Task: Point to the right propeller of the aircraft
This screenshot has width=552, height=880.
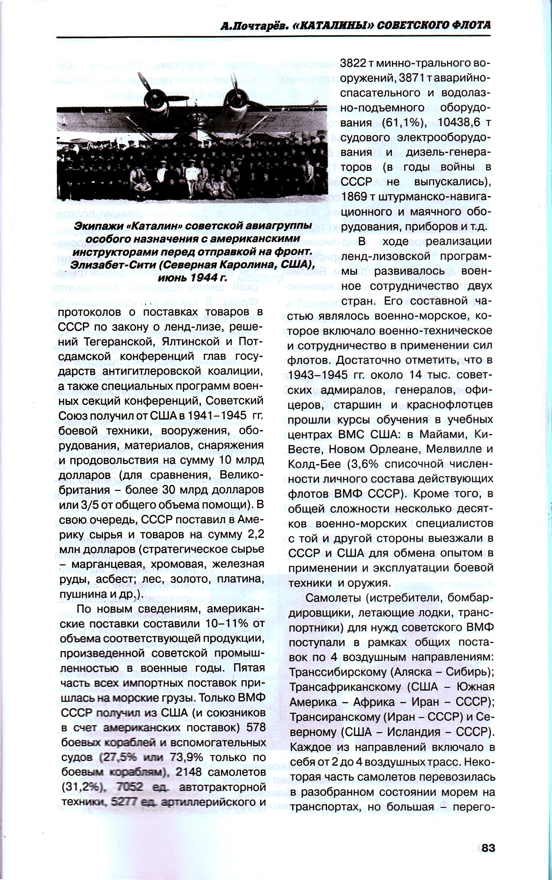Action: click(237, 96)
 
